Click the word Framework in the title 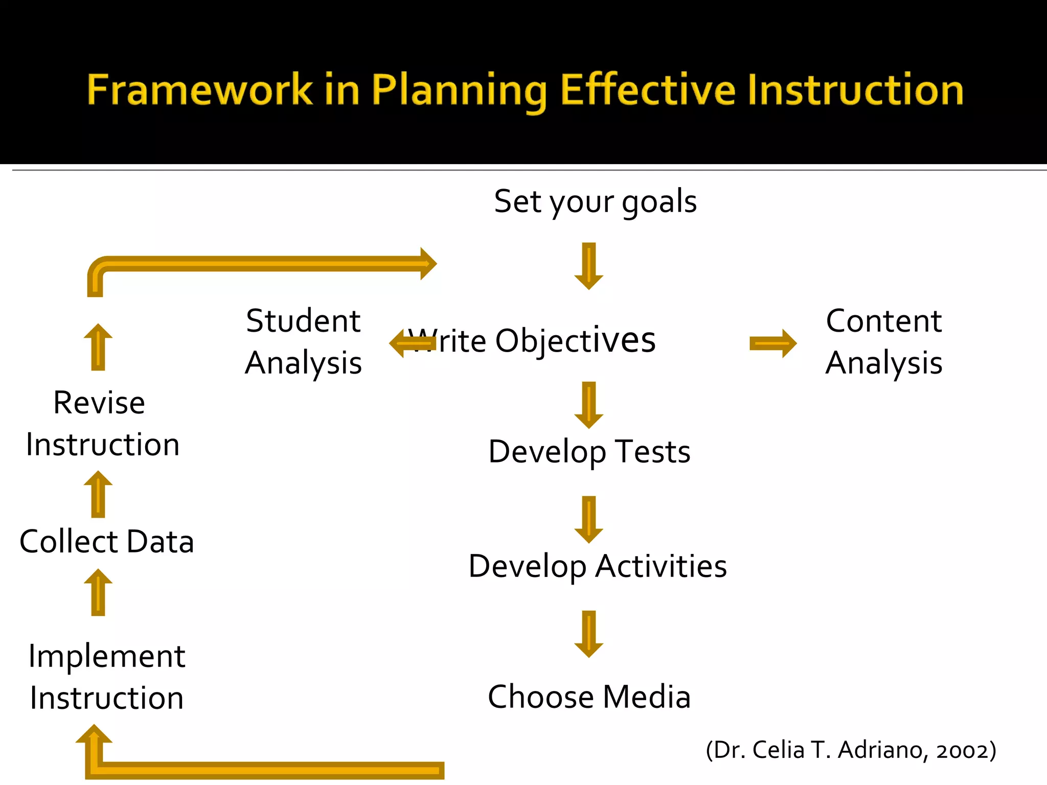pyautogui.click(x=199, y=90)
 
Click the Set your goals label pyautogui.click(x=595, y=201)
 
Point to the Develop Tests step pyautogui.click(x=589, y=452)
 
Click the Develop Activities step pyautogui.click(x=597, y=566)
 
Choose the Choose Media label pyautogui.click(x=589, y=697)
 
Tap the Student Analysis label pyautogui.click(x=304, y=342)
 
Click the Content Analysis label pyautogui.click(x=884, y=342)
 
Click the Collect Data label pyautogui.click(x=106, y=542)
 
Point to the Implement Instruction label pyautogui.click(x=106, y=677)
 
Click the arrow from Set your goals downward pyautogui.click(x=589, y=266)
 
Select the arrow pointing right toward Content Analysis pyautogui.click(x=772, y=343)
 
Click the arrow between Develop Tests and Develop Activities pyautogui.click(x=589, y=519)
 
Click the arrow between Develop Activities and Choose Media pyautogui.click(x=589, y=634)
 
